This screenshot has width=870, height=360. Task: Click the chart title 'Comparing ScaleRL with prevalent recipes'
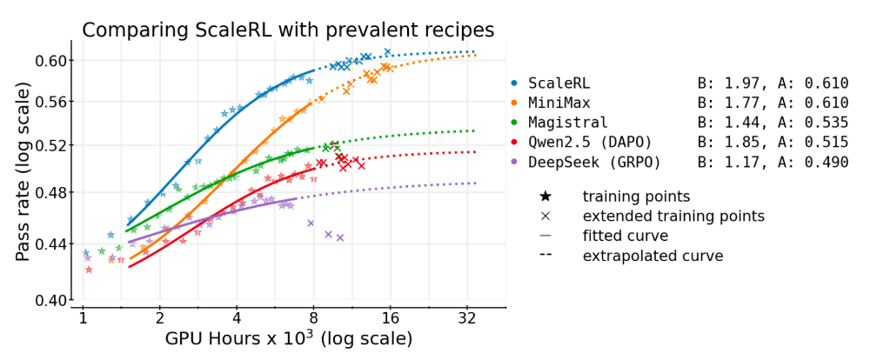click(288, 30)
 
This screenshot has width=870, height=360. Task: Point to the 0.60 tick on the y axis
click(54, 60)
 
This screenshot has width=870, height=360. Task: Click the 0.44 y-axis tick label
click(54, 244)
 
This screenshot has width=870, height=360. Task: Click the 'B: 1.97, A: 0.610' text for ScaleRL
click(773, 83)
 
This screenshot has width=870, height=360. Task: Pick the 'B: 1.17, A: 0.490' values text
click(773, 162)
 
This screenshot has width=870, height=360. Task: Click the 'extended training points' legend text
click(673, 216)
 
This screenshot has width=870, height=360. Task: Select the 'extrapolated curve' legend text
click(652, 256)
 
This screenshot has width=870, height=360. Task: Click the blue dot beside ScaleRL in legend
click(514, 83)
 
